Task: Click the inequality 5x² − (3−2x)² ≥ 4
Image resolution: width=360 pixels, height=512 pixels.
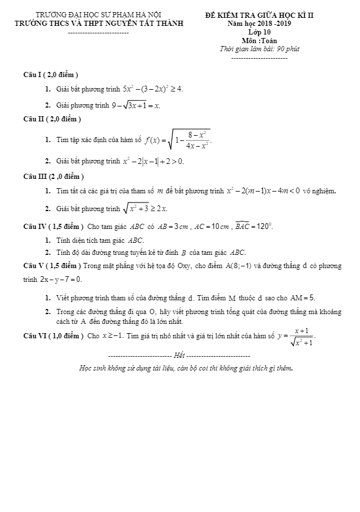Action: click(x=153, y=89)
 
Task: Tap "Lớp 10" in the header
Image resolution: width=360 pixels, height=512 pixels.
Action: click(x=251, y=33)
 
